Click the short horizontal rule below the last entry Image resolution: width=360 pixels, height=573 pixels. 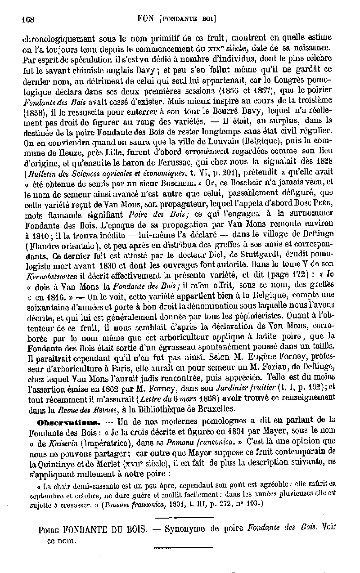tap(171, 546)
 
